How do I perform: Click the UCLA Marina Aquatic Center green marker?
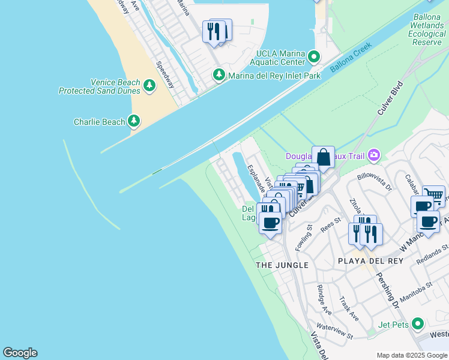(x=313, y=57)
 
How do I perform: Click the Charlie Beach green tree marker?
(x=134, y=122)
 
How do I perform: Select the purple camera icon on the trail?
(x=375, y=156)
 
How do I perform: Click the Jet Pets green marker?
(x=418, y=325)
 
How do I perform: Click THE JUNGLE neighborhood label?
(x=282, y=265)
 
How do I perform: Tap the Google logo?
(x=20, y=353)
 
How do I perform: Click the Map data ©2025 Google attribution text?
(x=411, y=355)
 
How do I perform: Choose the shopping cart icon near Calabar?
(x=434, y=195)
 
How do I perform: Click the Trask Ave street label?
(x=349, y=308)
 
